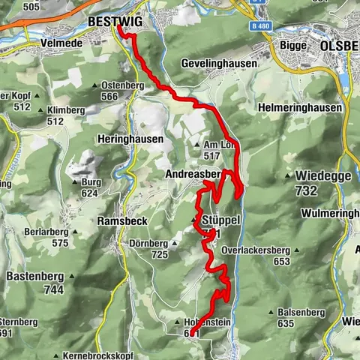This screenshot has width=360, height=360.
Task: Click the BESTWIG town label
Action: (x=115, y=22)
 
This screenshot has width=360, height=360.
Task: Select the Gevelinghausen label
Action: (x=219, y=64)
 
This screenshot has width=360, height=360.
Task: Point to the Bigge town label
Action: (x=288, y=44)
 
